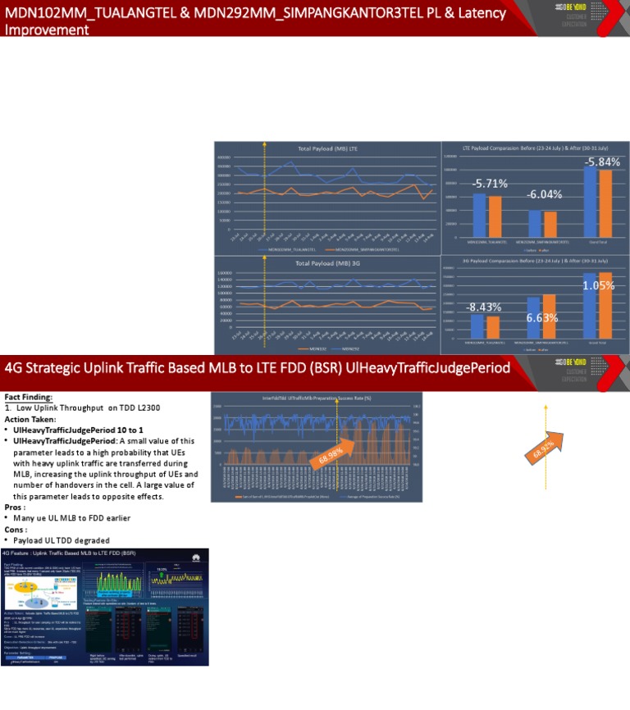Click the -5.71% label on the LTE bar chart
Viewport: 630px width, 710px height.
coord(490,183)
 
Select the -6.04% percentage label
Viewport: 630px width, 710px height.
coord(544,194)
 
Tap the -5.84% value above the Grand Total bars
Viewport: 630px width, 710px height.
coord(602,162)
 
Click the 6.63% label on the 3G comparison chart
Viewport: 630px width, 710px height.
coord(542,317)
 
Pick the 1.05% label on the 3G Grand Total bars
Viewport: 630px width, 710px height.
coord(599,285)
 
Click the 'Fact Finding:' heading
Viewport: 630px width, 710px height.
coord(28,397)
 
